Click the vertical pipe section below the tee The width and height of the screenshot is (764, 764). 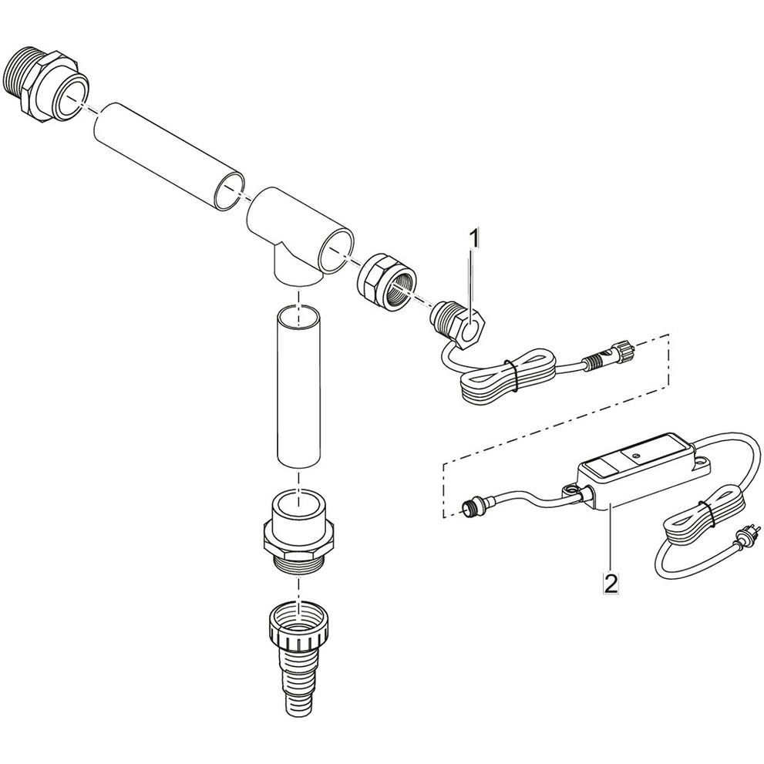click(298, 385)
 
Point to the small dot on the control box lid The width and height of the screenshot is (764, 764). click(636, 456)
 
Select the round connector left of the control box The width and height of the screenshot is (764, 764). click(471, 507)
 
